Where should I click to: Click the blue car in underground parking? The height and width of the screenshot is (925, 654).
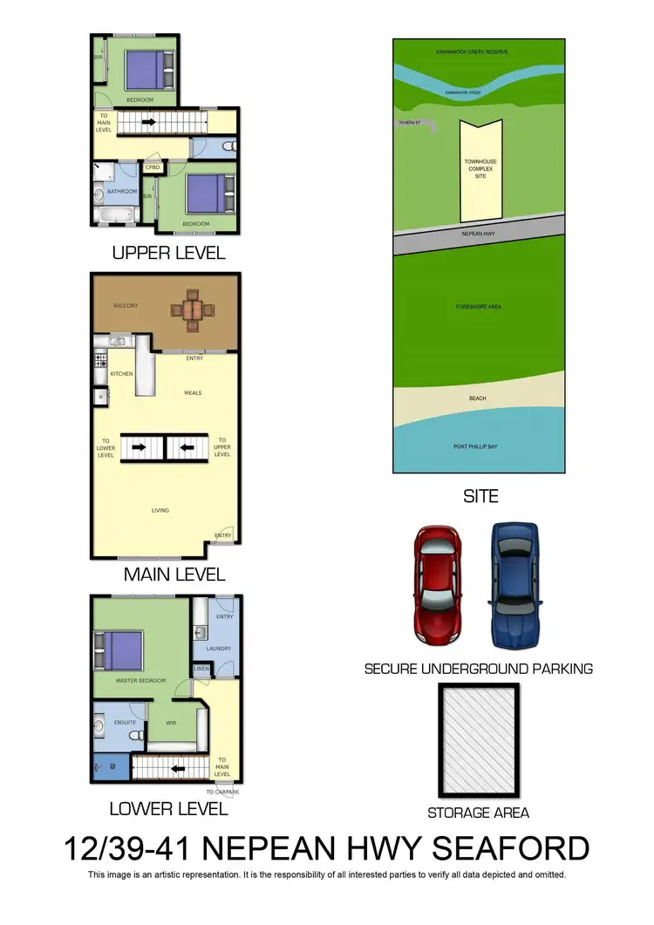click(514, 583)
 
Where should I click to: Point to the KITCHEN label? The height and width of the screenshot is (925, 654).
click(121, 374)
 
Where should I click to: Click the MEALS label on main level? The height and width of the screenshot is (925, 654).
click(193, 392)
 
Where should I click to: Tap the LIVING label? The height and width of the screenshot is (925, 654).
click(160, 510)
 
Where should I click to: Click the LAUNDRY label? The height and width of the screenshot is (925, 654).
click(218, 648)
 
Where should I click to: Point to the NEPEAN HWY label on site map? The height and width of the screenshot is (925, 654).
click(478, 235)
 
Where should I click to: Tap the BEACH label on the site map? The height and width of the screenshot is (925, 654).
click(477, 398)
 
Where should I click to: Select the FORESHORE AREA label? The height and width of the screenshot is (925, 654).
click(479, 307)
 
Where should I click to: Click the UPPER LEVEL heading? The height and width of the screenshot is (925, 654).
click(168, 253)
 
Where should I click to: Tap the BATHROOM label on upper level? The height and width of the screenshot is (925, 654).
click(122, 191)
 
